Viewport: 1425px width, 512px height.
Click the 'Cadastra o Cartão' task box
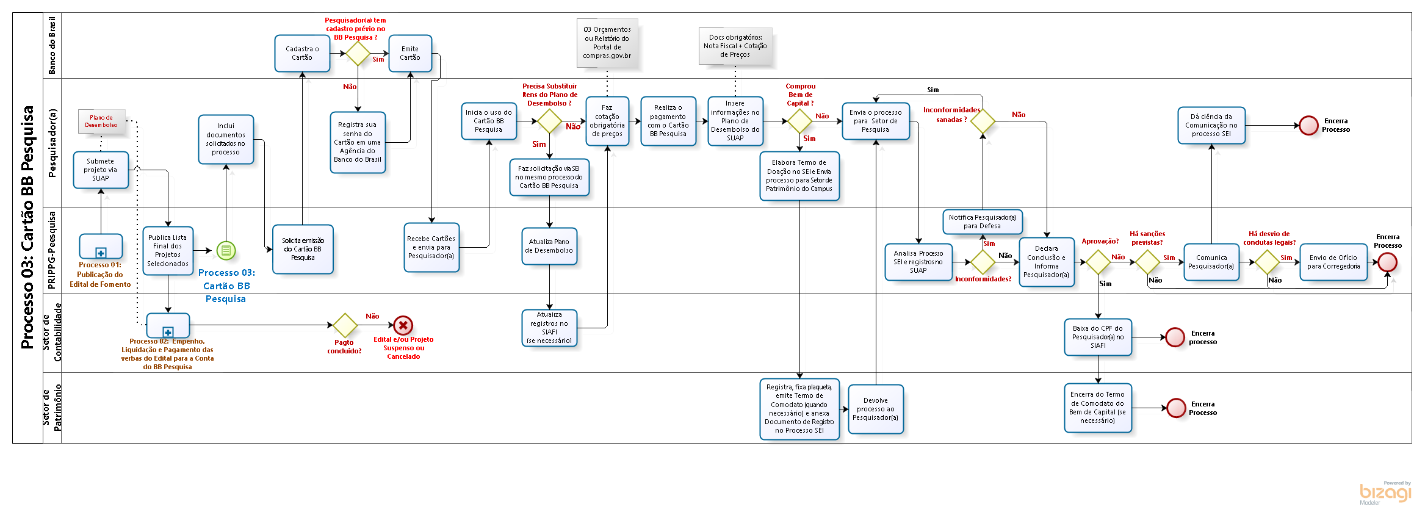[302, 54]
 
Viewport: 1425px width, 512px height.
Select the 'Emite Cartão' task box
[410, 54]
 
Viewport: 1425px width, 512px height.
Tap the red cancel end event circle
[403, 325]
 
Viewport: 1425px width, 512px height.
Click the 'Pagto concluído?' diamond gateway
[345, 325]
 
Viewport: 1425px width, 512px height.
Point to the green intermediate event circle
[226, 250]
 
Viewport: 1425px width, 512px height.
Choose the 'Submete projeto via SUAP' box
[101, 170]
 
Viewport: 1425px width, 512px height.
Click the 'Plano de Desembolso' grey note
[101, 121]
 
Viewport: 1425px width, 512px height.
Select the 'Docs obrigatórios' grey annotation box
[735, 46]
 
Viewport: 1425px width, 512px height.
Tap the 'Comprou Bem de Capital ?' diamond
[799, 121]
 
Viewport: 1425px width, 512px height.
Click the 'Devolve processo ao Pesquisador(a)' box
[876, 409]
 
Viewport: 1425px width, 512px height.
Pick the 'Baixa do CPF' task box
[1098, 337]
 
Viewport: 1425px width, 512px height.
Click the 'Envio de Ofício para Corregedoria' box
[1333, 262]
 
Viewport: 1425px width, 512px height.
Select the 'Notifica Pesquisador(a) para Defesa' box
[982, 222]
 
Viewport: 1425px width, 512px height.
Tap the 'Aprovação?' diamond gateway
[1098, 262]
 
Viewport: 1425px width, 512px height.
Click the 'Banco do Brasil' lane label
[52, 46]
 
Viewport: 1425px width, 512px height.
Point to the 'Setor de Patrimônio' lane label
[52, 408]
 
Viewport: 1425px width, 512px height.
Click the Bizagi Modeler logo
[1385, 492]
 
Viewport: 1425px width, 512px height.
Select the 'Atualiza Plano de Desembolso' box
[549, 246]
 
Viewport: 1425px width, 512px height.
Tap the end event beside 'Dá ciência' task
[1308, 125]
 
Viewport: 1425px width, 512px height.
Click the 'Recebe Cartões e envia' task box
[431, 247]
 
